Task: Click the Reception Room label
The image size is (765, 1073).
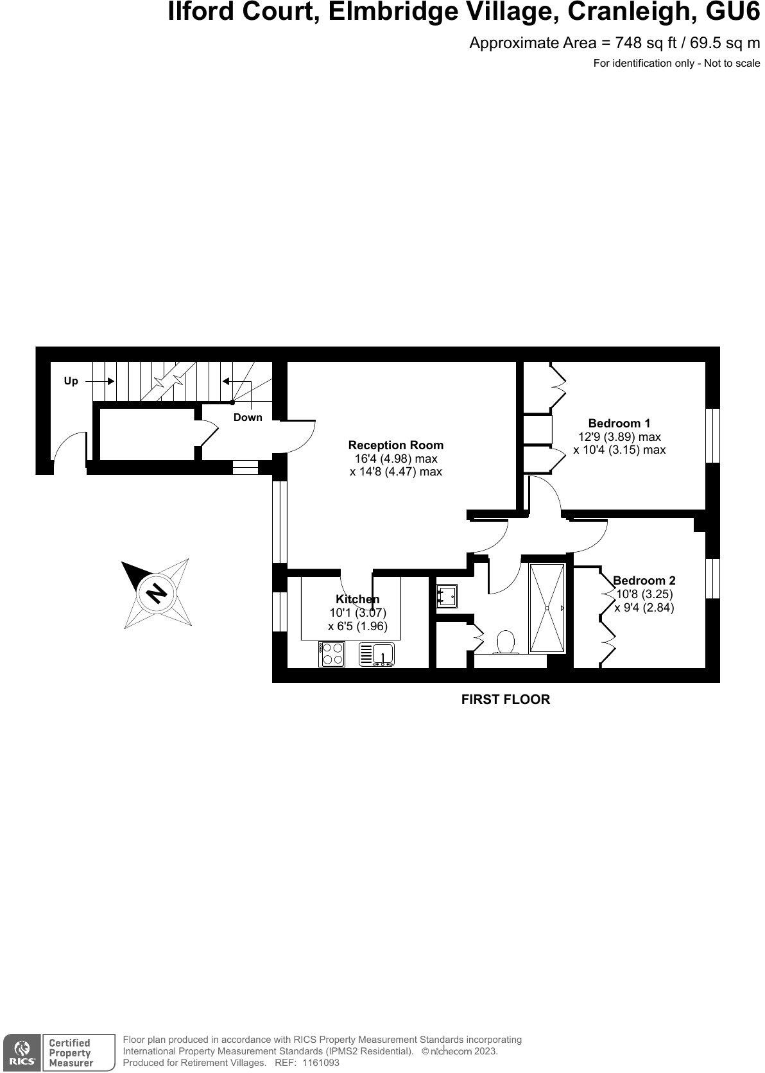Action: [x=395, y=445]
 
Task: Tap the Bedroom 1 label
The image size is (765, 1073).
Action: [x=619, y=423]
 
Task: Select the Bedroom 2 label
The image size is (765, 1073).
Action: [x=644, y=580]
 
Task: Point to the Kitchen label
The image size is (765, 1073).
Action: [x=357, y=599]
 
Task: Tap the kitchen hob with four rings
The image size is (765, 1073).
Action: [x=332, y=654]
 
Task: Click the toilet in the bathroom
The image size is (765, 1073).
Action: [x=506, y=642]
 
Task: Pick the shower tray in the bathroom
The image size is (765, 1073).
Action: [x=547, y=608]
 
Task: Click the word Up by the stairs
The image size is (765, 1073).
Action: [x=71, y=381]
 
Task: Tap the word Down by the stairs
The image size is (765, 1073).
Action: [x=248, y=417]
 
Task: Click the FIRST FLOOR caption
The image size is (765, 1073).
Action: [x=506, y=700]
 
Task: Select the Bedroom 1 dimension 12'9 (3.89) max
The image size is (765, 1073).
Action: [x=619, y=436]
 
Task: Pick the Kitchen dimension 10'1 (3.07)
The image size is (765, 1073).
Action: [x=357, y=613]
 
